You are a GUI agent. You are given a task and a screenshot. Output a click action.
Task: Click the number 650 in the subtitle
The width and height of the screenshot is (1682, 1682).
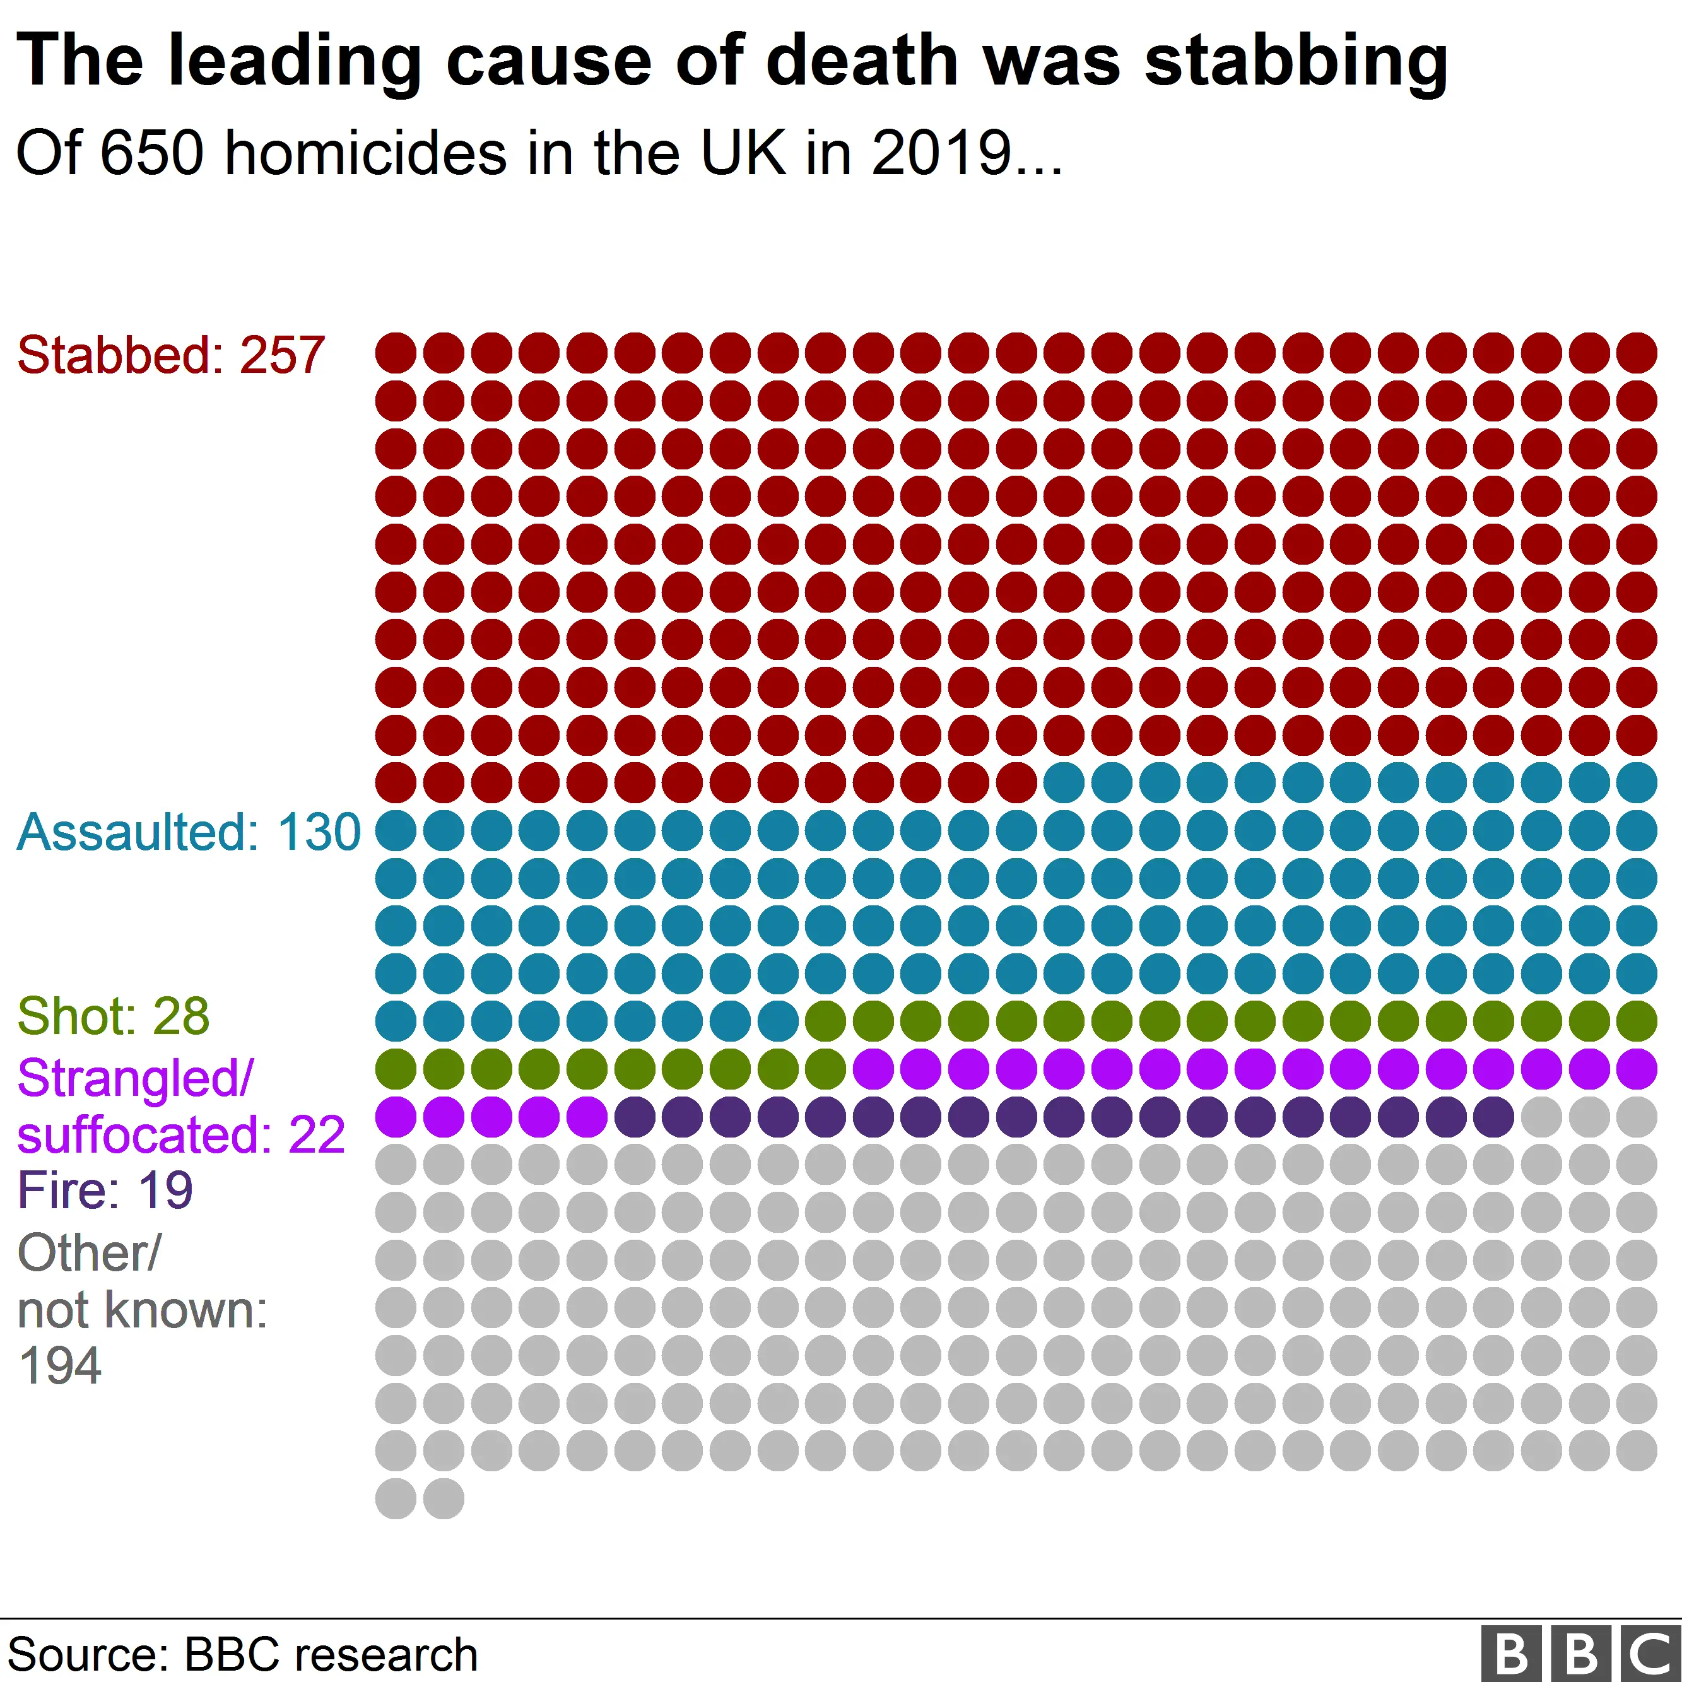point(152,153)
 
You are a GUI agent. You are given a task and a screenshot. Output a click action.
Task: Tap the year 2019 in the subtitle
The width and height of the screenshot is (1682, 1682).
point(941,153)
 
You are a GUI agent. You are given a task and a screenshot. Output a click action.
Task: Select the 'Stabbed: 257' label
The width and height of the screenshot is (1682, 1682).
point(170,355)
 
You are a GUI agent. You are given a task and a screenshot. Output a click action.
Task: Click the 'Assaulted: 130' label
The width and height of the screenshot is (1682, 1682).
point(188,832)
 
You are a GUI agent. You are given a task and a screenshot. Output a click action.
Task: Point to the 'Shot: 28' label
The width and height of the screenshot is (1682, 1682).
point(113,1016)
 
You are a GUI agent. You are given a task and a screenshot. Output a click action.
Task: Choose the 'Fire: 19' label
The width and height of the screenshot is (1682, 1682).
point(105,1190)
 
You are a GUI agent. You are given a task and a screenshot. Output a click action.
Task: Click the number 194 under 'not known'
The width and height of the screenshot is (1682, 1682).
point(59,1366)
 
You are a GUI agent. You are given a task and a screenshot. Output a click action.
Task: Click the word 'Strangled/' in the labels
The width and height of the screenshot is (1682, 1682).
point(135,1079)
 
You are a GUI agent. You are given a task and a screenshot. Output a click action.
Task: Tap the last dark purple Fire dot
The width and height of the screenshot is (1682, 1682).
point(1493,1117)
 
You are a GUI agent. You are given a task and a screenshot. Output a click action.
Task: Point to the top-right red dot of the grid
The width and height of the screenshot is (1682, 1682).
point(1637,353)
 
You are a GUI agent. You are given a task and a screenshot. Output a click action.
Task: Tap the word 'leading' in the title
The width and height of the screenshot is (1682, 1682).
point(294,62)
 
